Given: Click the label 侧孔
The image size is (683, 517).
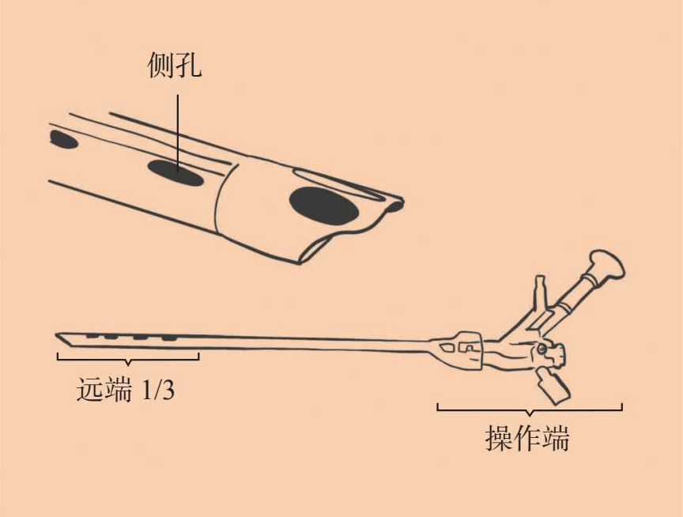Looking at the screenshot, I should coord(175,66).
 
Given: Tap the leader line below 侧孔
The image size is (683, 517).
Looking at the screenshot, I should coord(178,126).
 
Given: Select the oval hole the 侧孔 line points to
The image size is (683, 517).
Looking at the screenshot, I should coord(175,172).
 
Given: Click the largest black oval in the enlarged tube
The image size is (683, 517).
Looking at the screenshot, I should coord(322,207).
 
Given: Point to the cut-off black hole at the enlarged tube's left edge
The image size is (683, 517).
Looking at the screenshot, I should coord(62,140).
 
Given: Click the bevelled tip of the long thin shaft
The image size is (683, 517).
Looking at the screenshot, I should coord(62,338).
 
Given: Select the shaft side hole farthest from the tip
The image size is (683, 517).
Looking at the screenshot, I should coord(168,338).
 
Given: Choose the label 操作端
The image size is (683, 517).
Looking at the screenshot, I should coord(527,439).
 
